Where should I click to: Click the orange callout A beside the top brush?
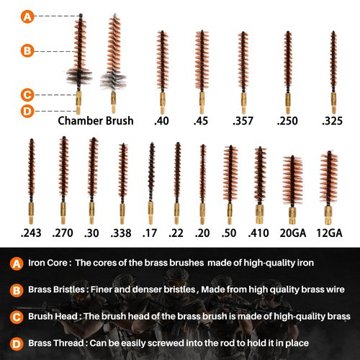(27, 17)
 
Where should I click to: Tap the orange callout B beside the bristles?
(27, 51)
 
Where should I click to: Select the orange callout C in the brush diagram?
(27, 95)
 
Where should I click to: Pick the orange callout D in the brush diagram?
(27, 111)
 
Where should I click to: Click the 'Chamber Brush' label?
(96, 121)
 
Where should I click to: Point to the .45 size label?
(201, 121)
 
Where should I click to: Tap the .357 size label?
(243, 121)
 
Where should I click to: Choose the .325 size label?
(332, 121)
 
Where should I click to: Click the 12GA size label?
(329, 233)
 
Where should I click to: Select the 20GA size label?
(293, 233)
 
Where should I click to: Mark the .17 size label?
(150, 233)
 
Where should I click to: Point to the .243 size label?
(31, 233)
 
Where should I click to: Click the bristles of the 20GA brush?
(292, 181)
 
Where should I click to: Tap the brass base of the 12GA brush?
(328, 215)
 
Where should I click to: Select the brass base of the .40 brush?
(163, 103)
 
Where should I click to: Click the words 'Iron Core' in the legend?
(48, 263)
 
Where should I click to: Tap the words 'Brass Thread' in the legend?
(56, 343)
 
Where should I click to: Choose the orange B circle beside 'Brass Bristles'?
(17, 290)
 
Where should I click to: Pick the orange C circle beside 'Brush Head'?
(17, 317)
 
